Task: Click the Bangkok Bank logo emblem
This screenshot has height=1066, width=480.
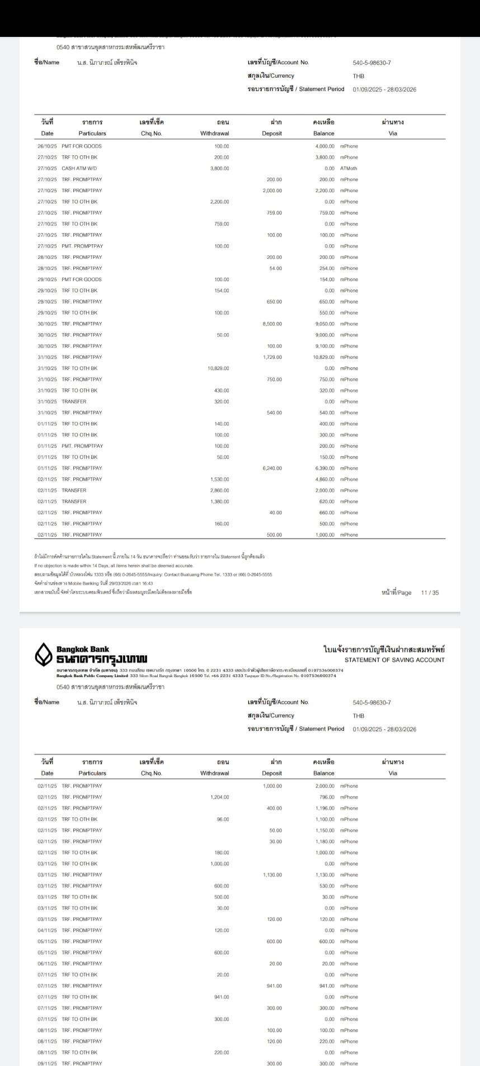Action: click(44, 655)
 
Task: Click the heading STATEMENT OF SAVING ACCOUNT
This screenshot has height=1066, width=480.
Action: click(394, 660)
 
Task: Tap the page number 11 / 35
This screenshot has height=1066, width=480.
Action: click(430, 593)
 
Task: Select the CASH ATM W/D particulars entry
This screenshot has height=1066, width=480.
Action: click(79, 168)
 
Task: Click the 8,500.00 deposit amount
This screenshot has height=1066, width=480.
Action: click(272, 324)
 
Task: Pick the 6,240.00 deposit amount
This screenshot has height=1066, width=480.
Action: click(272, 468)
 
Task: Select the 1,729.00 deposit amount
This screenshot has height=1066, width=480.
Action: click(272, 357)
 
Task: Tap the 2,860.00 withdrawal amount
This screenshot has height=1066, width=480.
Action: click(219, 490)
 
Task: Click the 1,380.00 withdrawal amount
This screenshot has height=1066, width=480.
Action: click(219, 501)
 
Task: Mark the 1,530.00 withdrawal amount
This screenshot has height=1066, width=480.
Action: click(219, 479)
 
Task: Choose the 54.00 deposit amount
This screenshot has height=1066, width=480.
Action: click(275, 268)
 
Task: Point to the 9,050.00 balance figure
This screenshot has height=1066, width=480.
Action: click(324, 324)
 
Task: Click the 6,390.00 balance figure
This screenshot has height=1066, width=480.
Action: click(324, 468)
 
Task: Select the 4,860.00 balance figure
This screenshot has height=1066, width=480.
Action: click(324, 479)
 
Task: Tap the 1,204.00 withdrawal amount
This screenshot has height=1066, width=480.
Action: click(219, 797)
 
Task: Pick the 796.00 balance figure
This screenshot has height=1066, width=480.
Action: click(327, 797)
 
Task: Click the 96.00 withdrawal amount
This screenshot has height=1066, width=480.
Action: click(223, 819)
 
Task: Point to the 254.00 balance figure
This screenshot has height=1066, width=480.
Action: click(327, 268)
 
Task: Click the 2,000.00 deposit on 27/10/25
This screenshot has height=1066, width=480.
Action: click(272, 191)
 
